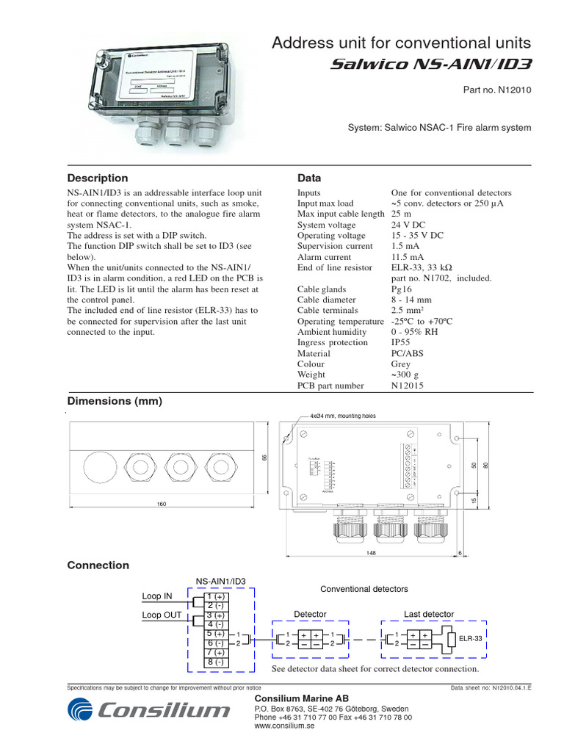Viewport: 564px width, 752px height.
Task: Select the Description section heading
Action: point(97,178)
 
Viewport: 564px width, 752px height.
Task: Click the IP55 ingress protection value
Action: point(401,343)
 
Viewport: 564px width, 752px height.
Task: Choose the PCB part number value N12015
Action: point(407,386)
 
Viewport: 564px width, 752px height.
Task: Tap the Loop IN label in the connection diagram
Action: point(156,596)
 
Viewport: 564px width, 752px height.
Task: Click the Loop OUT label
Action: point(161,615)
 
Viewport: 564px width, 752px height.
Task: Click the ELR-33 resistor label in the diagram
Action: point(471,639)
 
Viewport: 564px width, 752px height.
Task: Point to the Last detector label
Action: point(429,614)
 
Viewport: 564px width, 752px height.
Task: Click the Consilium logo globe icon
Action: point(82,710)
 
